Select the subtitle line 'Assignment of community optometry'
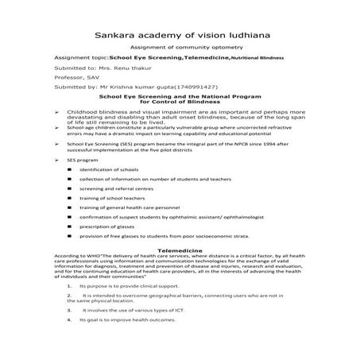coord(179,48)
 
